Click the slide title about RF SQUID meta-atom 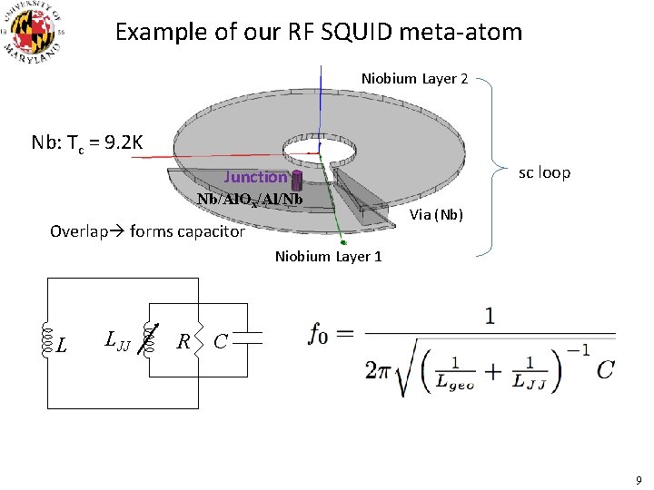(x=319, y=33)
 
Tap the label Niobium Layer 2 (x=414, y=79)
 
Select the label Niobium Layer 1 (x=328, y=257)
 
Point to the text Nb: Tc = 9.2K (x=87, y=142)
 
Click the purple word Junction (x=255, y=178)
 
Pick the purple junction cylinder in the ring (x=296, y=183)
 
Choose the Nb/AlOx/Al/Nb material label (x=249, y=199)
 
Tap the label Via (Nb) (x=437, y=215)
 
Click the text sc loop (x=544, y=172)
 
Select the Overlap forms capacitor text (x=147, y=231)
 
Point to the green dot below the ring (x=342, y=243)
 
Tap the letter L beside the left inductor (x=61, y=345)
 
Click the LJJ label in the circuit (x=117, y=341)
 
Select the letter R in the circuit (x=183, y=342)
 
